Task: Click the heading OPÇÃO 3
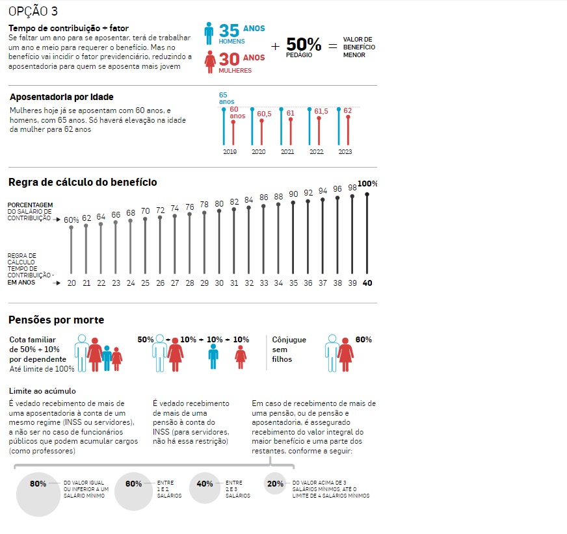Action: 33,11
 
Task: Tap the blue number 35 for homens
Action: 229,31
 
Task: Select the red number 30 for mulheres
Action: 229,59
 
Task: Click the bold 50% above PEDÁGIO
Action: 304,44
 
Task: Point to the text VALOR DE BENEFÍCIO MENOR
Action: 359,47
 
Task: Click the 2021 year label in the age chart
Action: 287,152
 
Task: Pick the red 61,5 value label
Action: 321,111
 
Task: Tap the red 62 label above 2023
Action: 347,110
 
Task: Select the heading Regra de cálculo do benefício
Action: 83,182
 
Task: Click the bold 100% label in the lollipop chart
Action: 367,184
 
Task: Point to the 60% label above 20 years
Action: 72,220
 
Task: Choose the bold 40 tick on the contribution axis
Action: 367,283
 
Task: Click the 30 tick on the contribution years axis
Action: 219,283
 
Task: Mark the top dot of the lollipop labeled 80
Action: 219,210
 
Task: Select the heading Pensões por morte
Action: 56,320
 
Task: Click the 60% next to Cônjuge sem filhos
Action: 363,340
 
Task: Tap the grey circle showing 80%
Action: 38,494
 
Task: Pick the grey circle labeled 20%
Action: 275,483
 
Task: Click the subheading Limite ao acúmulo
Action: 42,391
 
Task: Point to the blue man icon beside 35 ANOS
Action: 209,34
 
